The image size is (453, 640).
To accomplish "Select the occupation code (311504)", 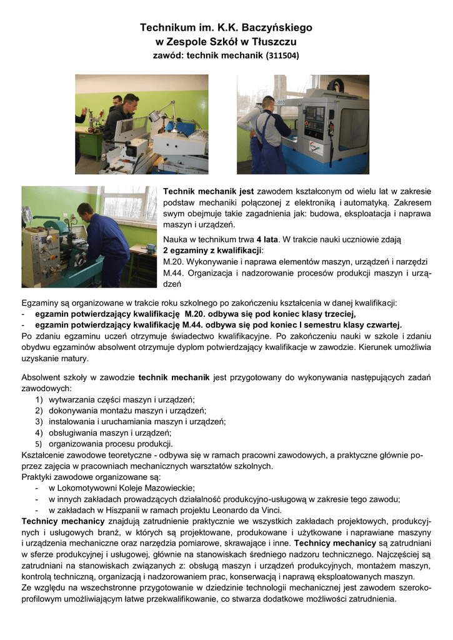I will (282, 56).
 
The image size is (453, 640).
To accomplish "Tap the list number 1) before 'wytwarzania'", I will (39, 399).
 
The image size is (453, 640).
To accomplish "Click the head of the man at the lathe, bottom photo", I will (84, 209).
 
